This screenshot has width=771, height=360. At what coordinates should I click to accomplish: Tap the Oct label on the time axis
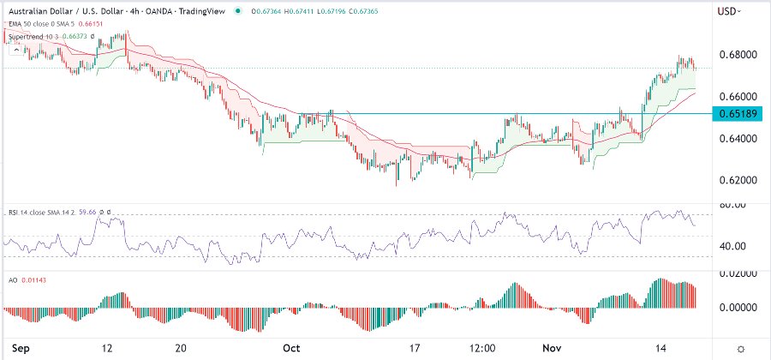point(292,348)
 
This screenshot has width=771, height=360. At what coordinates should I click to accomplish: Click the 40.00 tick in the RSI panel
point(732,246)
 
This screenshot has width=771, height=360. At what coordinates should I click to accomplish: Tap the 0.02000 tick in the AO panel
point(734,273)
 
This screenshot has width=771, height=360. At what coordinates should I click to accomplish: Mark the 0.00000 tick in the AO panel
point(734,307)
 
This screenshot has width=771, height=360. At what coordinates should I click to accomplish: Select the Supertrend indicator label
point(27,38)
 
